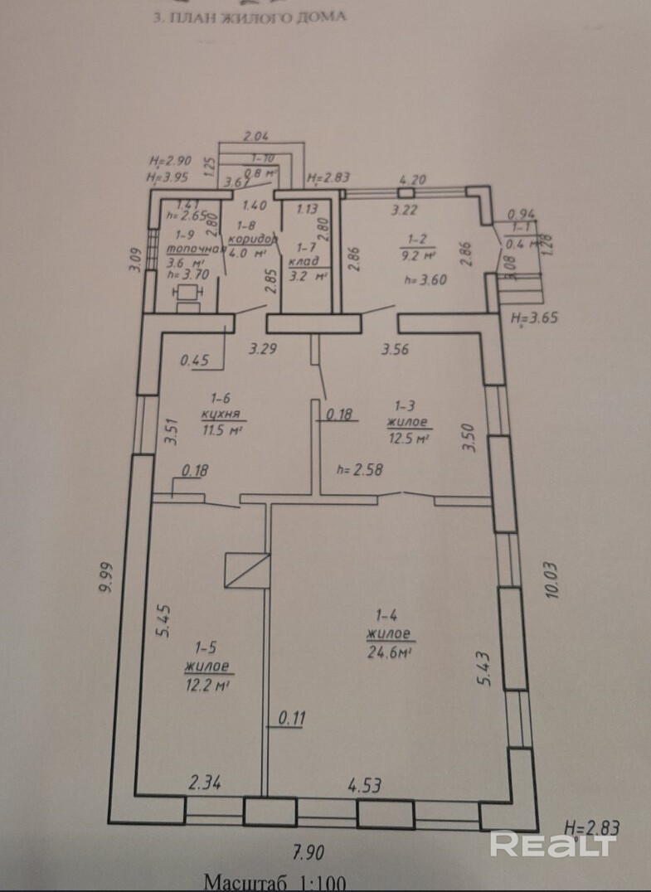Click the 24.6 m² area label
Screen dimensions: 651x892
pyautogui.click(x=390, y=652)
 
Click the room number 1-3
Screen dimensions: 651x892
pyautogui.click(x=405, y=405)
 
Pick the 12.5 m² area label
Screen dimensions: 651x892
pyautogui.click(x=408, y=437)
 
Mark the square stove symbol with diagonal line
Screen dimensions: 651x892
pyautogui.click(x=247, y=570)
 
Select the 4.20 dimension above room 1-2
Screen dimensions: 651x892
pyautogui.click(x=412, y=178)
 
